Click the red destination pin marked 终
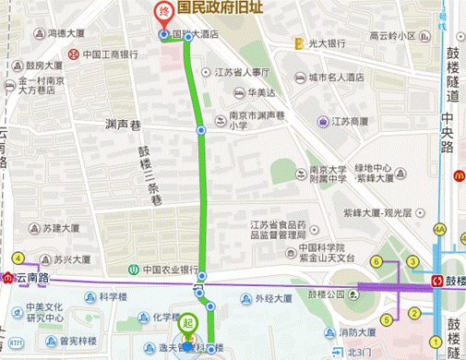point(163,13)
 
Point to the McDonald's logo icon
point(456,174)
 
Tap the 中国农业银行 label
point(170,270)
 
